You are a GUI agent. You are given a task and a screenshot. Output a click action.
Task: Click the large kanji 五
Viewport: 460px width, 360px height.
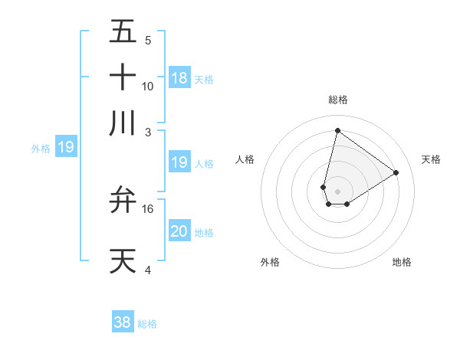(123, 32)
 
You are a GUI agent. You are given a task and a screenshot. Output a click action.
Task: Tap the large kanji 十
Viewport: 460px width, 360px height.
(123, 78)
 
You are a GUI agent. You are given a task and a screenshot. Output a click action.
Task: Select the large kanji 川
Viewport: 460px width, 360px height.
(123, 123)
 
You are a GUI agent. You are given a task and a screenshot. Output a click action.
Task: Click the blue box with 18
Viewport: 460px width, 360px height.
(179, 77)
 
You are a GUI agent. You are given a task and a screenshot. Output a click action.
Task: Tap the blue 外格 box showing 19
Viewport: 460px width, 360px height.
(66, 147)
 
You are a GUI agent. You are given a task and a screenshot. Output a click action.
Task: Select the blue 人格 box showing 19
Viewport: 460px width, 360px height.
(179, 162)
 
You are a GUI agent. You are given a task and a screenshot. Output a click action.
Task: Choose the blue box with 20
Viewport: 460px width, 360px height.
(179, 231)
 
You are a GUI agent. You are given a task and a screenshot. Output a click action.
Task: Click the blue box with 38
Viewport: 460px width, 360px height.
(123, 322)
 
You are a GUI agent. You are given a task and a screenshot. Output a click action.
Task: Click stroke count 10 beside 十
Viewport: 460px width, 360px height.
(148, 86)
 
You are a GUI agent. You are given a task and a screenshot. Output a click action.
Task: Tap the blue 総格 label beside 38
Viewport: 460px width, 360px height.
(147, 324)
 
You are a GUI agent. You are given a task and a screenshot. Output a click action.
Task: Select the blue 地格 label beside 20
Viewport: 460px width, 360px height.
(204, 232)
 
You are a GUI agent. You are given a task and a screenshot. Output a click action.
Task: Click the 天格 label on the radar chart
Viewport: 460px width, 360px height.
(431, 159)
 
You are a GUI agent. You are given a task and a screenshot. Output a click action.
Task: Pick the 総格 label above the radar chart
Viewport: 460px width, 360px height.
(337, 100)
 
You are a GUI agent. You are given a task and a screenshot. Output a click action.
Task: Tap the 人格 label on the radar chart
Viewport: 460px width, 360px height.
(245, 159)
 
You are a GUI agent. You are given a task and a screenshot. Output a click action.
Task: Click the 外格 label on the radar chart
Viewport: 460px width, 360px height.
(269, 262)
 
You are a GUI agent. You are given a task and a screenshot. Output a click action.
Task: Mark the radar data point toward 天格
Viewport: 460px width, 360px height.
(396, 172)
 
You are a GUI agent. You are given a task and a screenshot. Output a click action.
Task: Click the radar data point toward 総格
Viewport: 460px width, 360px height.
(337, 130)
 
